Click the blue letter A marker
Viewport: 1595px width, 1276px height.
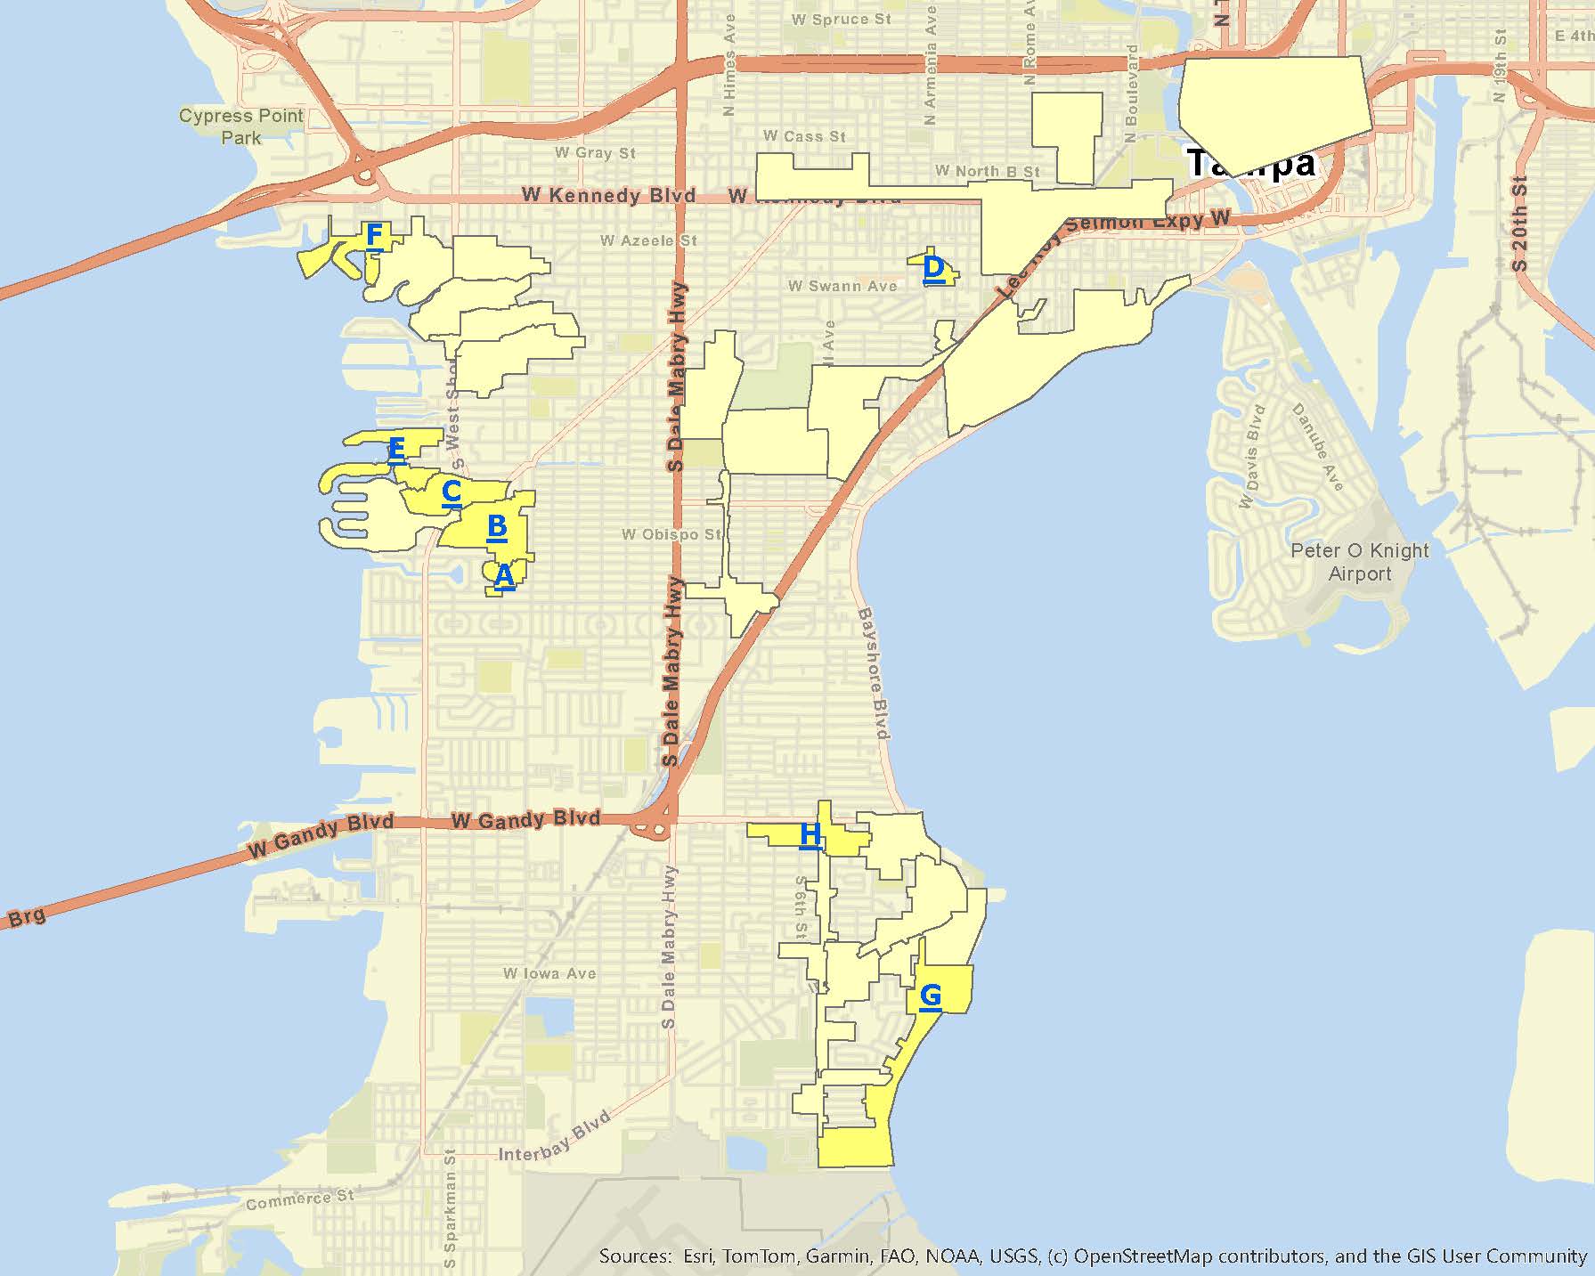pos(504,576)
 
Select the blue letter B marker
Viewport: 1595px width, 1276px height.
pos(497,527)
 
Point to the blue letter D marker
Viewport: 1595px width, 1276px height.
pos(933,268)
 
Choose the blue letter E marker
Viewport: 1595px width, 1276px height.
pos(397,450)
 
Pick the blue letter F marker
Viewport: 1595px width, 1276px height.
pos(375,236)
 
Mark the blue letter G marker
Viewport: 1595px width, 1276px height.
pos(931,996)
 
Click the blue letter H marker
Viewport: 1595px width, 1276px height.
pos(810,835)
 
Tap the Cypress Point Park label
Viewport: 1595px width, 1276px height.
pos(241,126)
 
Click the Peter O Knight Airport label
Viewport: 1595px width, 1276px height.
pos(1359,562)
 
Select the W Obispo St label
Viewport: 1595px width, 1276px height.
pos(671,534)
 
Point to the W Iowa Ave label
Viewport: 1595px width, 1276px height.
pos(549,973)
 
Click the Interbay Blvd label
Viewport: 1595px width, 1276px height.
pos(555,1139)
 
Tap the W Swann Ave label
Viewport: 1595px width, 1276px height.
pos(842,286)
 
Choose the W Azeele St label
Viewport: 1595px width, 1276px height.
pos(648,240)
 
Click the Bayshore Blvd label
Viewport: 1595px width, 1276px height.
pos(874,673)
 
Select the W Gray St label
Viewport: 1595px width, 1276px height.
pos(595,153)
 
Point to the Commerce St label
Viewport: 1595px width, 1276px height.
pos(299,1199)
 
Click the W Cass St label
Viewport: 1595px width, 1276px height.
pos(804,136)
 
